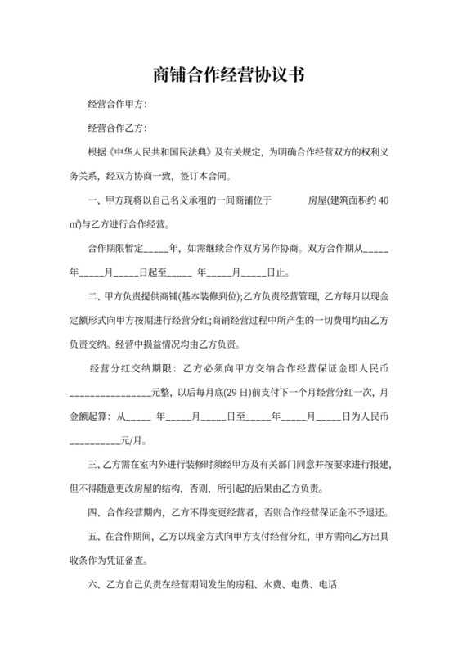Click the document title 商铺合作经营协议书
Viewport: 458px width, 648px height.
228,75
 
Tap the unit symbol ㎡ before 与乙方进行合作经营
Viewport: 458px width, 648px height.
74,223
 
